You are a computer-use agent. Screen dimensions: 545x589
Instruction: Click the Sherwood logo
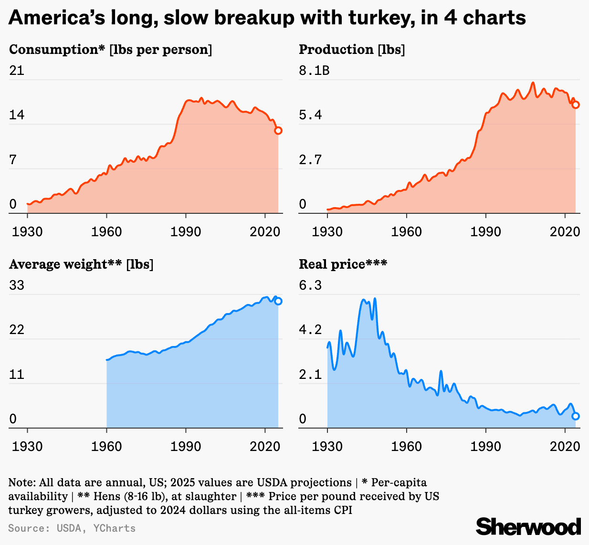[528, 526]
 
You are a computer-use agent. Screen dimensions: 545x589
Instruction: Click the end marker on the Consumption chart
[278, 131]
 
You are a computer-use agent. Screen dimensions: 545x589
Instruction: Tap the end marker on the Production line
[576, 105]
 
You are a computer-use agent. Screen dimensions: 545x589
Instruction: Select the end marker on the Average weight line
[278, 301]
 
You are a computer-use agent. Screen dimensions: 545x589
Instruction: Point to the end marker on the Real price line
[576, 416]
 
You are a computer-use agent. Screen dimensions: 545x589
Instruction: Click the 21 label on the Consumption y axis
[17, 71]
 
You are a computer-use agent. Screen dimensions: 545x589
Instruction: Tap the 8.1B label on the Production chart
[314, 71]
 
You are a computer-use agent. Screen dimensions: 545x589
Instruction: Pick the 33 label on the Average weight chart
[17, 285]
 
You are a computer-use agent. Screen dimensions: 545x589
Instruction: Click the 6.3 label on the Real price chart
[310, 285]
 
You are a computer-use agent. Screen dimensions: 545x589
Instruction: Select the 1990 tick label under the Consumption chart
[186, 231]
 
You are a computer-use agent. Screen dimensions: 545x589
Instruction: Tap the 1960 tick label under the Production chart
[406, 231]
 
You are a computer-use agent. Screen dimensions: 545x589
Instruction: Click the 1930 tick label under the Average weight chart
[27, 446]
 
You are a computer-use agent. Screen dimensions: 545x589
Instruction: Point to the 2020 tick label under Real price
[565, 446]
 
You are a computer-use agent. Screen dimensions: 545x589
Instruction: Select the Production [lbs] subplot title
[352, 50]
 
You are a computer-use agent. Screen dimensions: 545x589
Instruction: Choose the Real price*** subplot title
[343, 264]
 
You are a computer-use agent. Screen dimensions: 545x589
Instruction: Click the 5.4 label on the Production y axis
[310, 115]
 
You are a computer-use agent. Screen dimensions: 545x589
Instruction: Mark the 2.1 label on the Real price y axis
[310, 375]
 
